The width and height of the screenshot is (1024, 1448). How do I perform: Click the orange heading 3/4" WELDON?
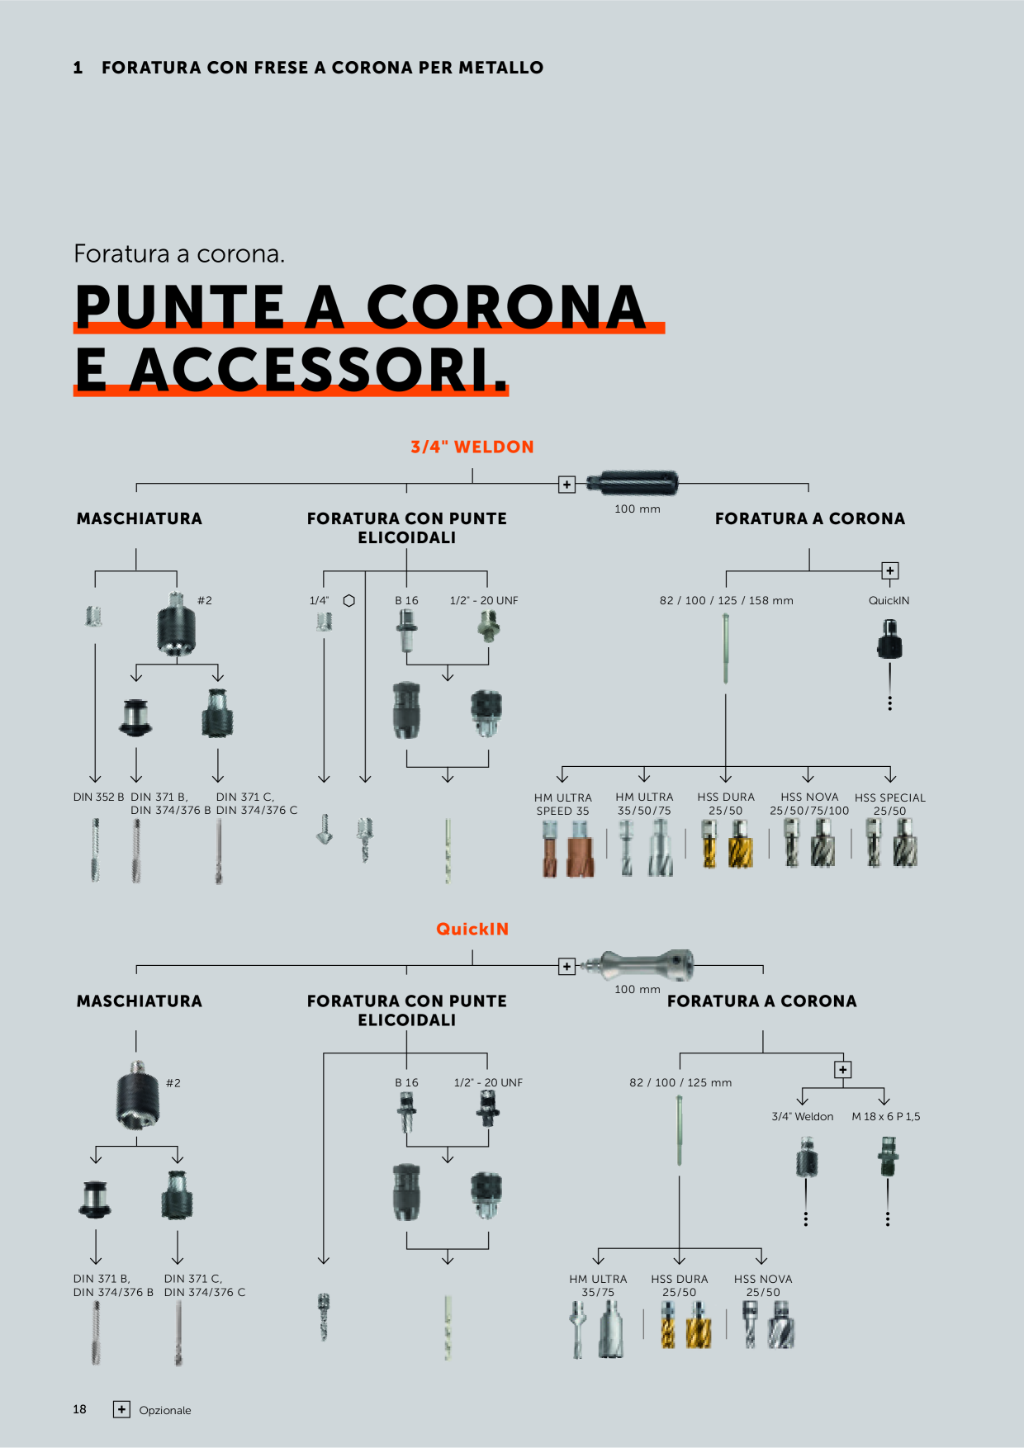pos(472,447)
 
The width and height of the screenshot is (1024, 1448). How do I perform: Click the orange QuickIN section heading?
pos(472,929)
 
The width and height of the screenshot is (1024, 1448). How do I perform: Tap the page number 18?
pos(79,1409)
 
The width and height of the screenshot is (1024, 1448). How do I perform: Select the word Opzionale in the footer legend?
pos(165,1410)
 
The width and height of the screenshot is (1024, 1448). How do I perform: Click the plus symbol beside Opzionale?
pos(121,1409)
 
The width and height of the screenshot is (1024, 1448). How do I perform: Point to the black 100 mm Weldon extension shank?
pos(633,482)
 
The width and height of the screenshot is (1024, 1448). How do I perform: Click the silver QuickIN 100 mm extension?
pos(636,964)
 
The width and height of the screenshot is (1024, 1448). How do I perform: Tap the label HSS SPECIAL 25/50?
pos(890,804)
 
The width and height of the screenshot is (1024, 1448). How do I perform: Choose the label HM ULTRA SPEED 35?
pos(563,804)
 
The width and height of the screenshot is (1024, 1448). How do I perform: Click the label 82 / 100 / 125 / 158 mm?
pos(727,600)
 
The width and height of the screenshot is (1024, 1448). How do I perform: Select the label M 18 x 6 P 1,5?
pos(886,1116)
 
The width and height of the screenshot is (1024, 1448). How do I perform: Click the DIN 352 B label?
pos(98,797)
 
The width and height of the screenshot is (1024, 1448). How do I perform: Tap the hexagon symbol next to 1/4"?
pos(349,600)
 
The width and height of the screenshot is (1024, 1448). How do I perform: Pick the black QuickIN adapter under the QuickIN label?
pos(889,638)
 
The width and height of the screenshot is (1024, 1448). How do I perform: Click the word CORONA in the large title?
pos(505,307)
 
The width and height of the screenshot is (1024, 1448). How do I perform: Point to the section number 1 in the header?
pos(78,68)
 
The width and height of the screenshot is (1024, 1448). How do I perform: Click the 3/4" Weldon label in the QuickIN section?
pos(803,1116)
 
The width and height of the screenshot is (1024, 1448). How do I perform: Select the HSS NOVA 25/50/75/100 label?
pos(809,804)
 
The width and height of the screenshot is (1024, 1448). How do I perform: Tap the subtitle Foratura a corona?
pos(179,253)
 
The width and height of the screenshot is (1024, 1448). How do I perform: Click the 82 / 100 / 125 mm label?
pos(680,1082)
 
